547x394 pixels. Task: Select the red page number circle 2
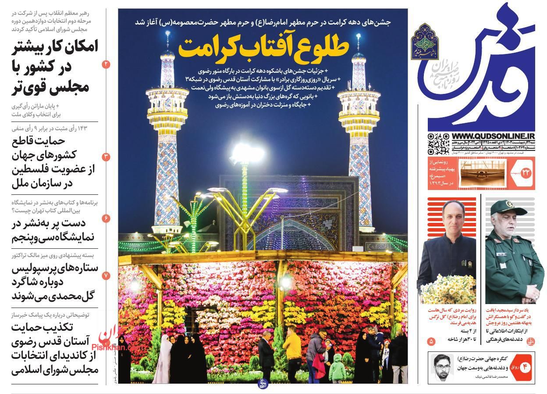107,64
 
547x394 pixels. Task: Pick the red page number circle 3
107,157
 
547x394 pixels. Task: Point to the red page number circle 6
107,218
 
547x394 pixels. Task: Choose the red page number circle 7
107,276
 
